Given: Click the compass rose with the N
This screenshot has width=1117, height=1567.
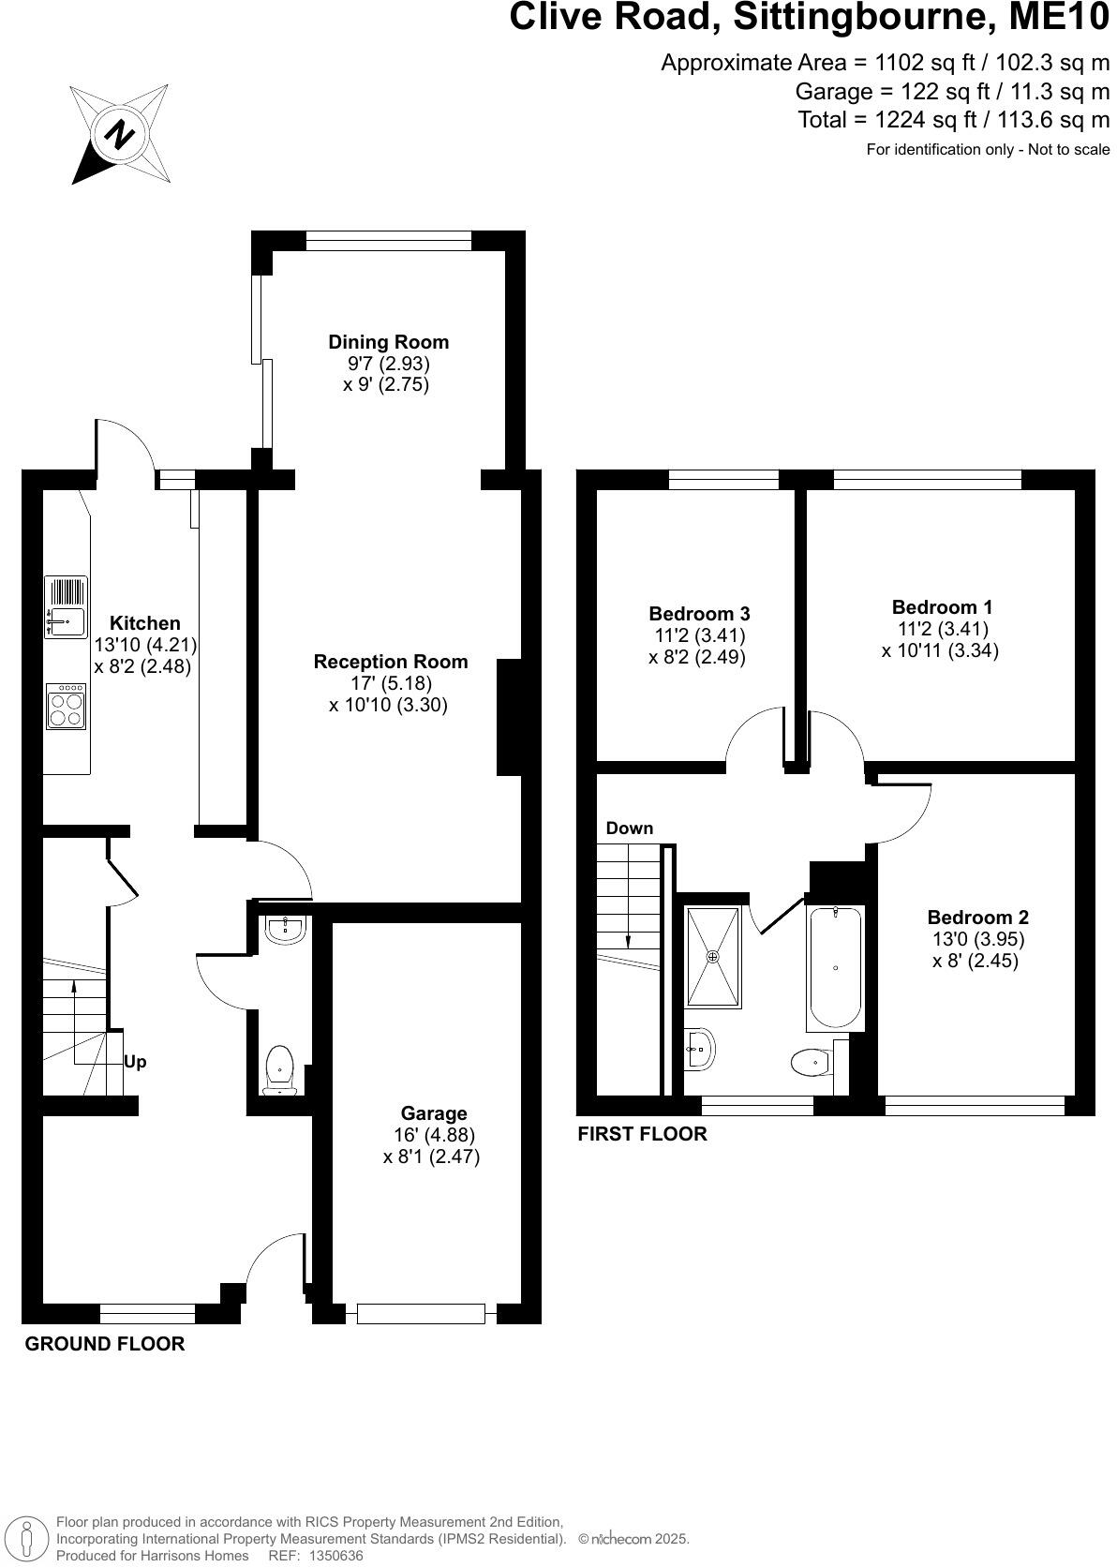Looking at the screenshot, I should tap(119, 135).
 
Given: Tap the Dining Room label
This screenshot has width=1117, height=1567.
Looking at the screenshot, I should tap(388, 342).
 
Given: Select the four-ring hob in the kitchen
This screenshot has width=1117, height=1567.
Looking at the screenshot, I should tap(67, 707).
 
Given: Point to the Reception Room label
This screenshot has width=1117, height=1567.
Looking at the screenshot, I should tap(390, 662).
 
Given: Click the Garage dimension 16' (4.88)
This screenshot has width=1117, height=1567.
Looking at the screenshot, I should tap(432, 1135).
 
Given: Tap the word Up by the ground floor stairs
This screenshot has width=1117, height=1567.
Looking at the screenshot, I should tap(135, 1062).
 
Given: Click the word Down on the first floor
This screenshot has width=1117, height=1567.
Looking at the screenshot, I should tap(629, 828).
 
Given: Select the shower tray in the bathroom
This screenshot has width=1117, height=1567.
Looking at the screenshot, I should tap(712, 956).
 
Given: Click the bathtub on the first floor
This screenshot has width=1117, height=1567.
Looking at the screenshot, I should tap(834, 967).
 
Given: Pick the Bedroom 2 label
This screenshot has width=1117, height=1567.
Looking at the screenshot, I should tap(977, 918).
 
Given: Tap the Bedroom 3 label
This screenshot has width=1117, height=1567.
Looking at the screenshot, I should tap(699, 614).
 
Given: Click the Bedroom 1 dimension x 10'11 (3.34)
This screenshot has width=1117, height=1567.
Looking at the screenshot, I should tap(940, 650).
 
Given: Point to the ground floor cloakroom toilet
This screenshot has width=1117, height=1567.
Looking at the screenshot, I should tap(280, 1069).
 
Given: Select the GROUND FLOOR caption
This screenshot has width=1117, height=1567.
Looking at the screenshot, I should tap(105, 1344).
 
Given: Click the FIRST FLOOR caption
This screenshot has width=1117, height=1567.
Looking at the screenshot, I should tap(642, 1134).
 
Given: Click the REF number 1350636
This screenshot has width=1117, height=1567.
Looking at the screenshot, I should tap(329, 1555).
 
